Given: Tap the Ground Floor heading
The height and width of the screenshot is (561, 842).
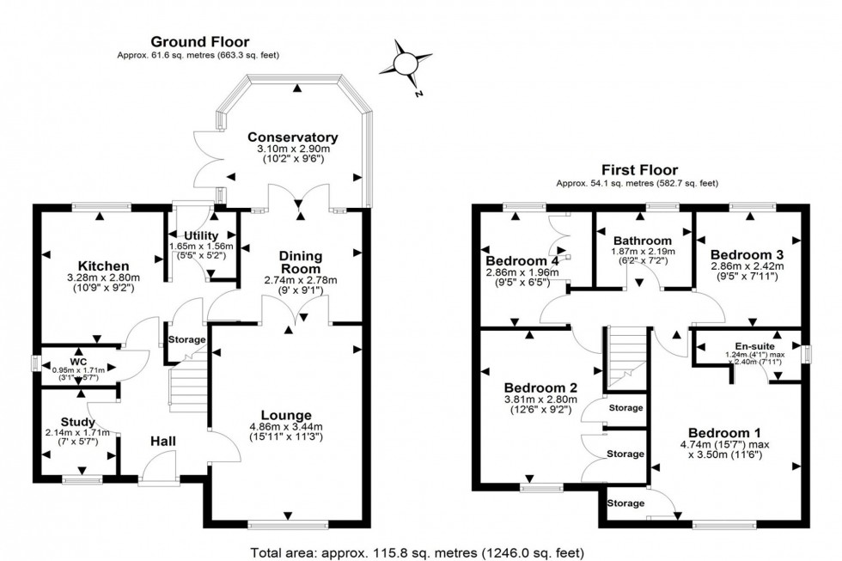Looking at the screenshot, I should pos(199,40).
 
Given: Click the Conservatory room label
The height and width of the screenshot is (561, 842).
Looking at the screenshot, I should pos(293,137).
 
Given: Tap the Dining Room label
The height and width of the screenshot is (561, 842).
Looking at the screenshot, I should pos(300,262).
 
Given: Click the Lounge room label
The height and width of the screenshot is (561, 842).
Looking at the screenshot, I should pos(287,415).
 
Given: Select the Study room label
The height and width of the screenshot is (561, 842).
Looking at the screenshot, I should pos(77,421).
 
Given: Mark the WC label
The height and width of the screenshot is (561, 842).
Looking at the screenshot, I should pos(78,351).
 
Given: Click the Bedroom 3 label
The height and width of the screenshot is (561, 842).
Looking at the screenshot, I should pos(746,255).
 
